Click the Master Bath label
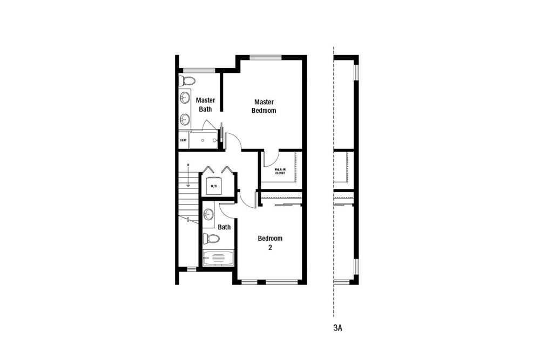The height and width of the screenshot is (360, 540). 205,104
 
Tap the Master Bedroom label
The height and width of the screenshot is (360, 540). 264,106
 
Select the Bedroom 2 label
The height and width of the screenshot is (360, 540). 269,243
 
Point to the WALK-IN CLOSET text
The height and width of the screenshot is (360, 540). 280,172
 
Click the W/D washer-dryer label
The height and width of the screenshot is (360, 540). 213,187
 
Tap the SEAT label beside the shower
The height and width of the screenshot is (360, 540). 183,140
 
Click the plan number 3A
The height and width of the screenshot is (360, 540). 338,327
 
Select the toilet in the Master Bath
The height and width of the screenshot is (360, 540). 187,81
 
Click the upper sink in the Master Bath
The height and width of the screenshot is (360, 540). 185,98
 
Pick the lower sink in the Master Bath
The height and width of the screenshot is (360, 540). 185,119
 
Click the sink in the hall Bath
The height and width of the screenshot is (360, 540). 208,215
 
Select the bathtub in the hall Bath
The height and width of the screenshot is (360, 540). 218,259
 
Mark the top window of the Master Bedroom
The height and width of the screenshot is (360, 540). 266,57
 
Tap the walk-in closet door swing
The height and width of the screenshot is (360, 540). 270,159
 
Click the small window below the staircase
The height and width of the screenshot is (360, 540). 191,269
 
